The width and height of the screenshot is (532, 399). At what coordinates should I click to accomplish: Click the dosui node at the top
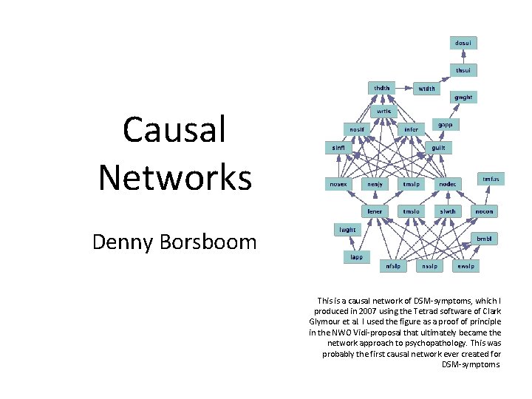tap(463, 43)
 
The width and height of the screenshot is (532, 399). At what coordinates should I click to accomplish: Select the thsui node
tap(463, 70)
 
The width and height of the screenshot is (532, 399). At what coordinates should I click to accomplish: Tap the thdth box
tap(381, 87)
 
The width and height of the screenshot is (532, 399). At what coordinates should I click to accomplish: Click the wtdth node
tap(426, 88)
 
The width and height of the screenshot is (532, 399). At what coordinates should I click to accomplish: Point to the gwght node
tap(463, 97)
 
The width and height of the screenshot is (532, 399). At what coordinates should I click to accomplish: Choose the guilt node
tap(438, 147)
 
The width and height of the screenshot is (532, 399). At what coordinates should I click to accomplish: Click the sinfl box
tap(338, 147)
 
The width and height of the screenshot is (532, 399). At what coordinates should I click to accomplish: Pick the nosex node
tap(338, 183)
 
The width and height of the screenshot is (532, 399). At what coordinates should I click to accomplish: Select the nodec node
tap(448, 183)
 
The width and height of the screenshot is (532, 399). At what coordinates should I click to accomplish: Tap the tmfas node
tap(491, 179)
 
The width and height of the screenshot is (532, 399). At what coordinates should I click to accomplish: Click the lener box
tap(375, 211)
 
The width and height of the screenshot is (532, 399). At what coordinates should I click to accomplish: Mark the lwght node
tap(347, 230)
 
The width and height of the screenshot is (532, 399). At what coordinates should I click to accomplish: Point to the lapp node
tap(356, 256)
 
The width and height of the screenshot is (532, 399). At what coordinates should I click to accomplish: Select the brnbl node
tap(483, 239)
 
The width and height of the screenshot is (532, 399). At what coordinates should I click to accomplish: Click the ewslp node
tap(465, 265)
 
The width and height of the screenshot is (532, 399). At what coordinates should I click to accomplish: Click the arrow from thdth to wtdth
tap(403, 88)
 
